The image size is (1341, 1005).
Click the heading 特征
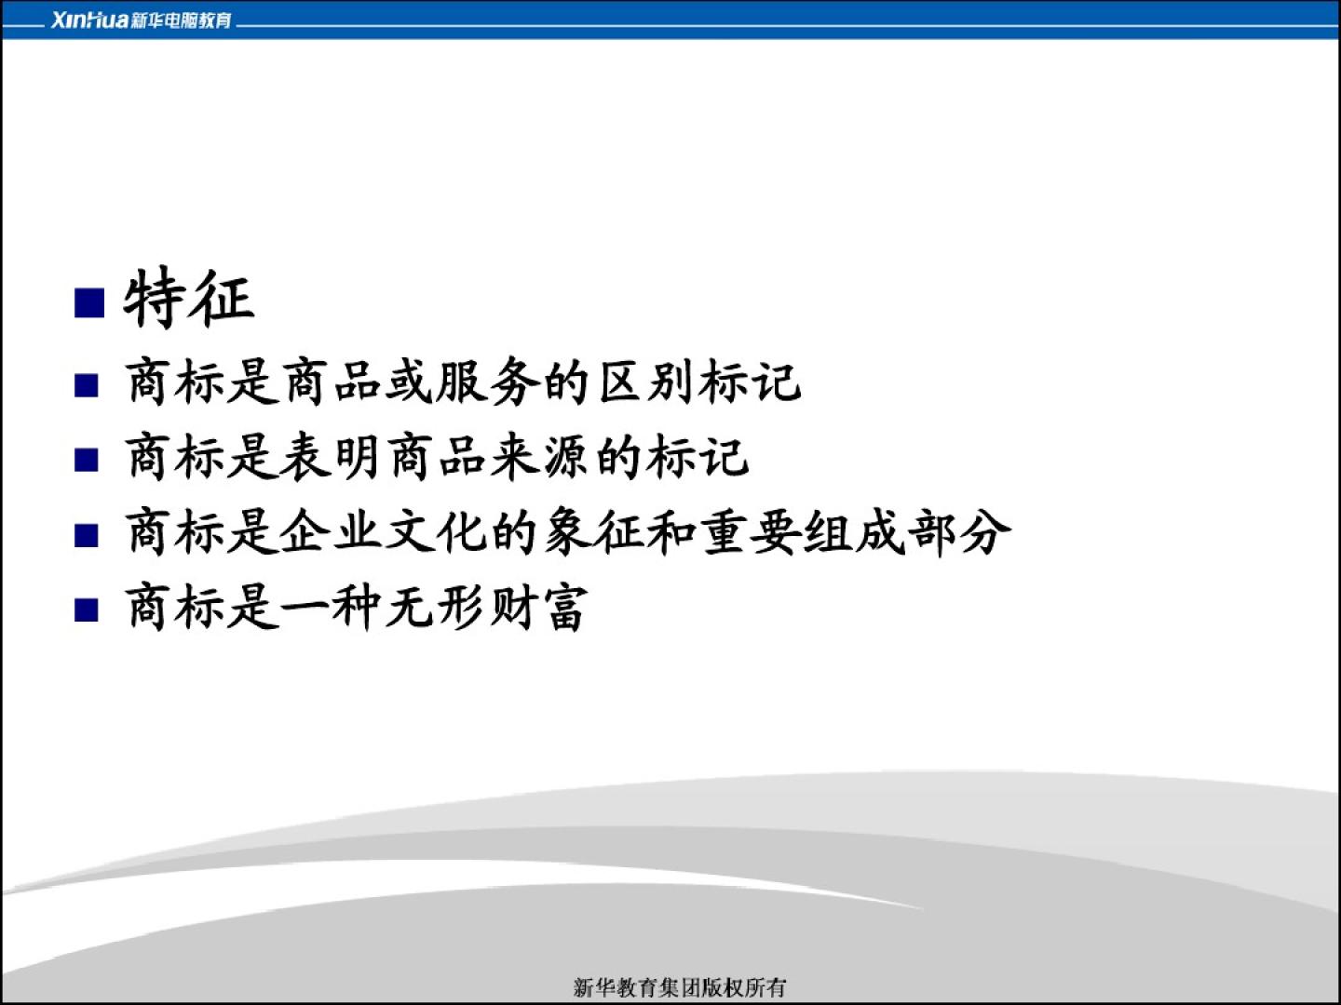point(189,299)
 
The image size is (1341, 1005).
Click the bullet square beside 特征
point(89,302)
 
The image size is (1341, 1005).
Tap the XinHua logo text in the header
point(89,20)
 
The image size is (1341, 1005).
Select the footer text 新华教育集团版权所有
point(680,987)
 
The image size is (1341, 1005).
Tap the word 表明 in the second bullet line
point(330,456)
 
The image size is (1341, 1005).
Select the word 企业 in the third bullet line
point(330,532)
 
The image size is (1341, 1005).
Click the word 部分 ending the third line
point(959,532)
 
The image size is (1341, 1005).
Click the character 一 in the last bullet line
point(304,608)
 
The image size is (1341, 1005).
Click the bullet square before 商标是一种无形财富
point(87,610)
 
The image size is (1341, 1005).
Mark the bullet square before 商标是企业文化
point(87,535)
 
